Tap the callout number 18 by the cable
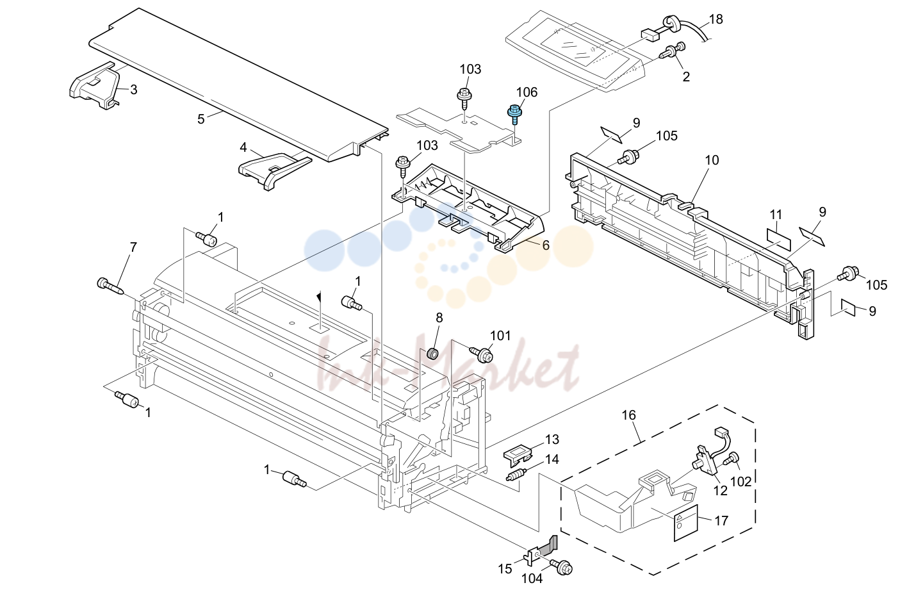click(716, 19)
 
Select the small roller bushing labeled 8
click(432, 354)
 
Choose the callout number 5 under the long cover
click(201, 119)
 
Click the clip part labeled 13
click(518, 454)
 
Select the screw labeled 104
click(561, 568)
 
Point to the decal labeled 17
click(686, 523)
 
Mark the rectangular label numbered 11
click(779, 240)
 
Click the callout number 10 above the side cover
click(712, 160)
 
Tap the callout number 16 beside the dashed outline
click(629, 415)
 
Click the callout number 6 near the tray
click(546, 245)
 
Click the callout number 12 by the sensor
click(721, 490)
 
